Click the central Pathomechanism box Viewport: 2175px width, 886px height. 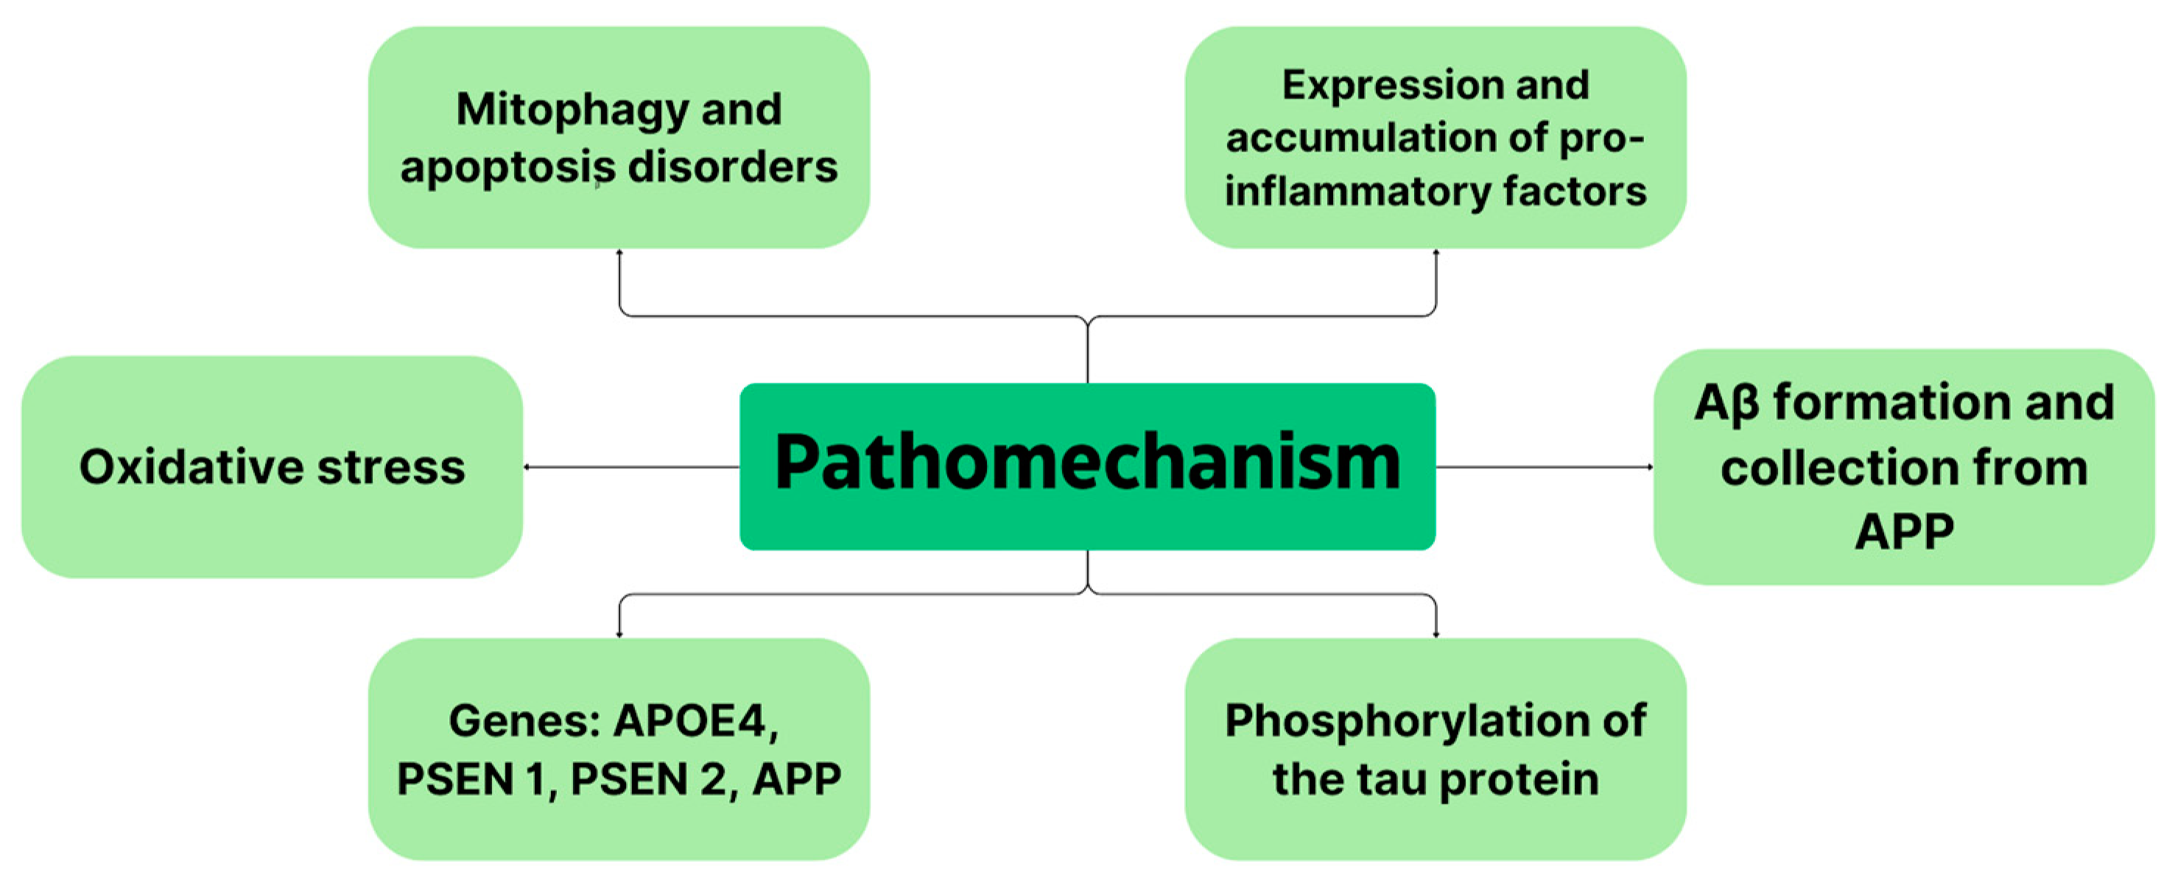[x=1087, y=466]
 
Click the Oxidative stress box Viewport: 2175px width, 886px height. [x=272, y=466]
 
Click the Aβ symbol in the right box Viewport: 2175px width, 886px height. [x=1726, y=403]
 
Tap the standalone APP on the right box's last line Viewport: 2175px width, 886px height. [x=1904, y=531]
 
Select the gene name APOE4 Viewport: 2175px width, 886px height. [x=695, y=720]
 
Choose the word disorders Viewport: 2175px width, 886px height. [x=732, y=167]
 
